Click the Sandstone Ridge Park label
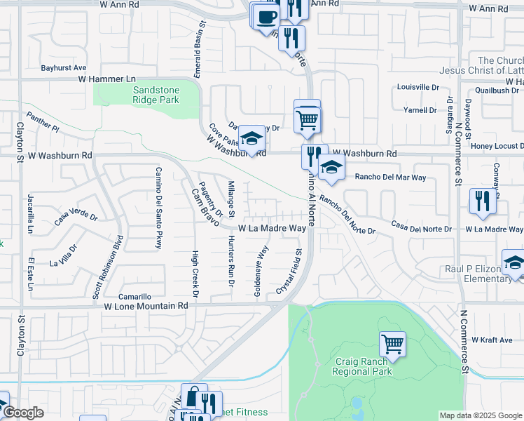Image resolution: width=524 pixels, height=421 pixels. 156,95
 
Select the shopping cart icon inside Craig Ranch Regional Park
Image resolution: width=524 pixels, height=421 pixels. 392,345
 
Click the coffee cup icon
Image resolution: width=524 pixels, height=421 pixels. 266,16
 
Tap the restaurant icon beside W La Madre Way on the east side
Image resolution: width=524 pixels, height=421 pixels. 482,201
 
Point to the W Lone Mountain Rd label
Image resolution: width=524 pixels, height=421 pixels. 146,306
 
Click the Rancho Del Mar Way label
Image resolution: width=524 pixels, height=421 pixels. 391,178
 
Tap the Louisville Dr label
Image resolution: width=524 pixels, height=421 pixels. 418,88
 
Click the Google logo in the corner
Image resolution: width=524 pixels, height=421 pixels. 22,413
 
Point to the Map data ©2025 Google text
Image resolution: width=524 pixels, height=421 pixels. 480,415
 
